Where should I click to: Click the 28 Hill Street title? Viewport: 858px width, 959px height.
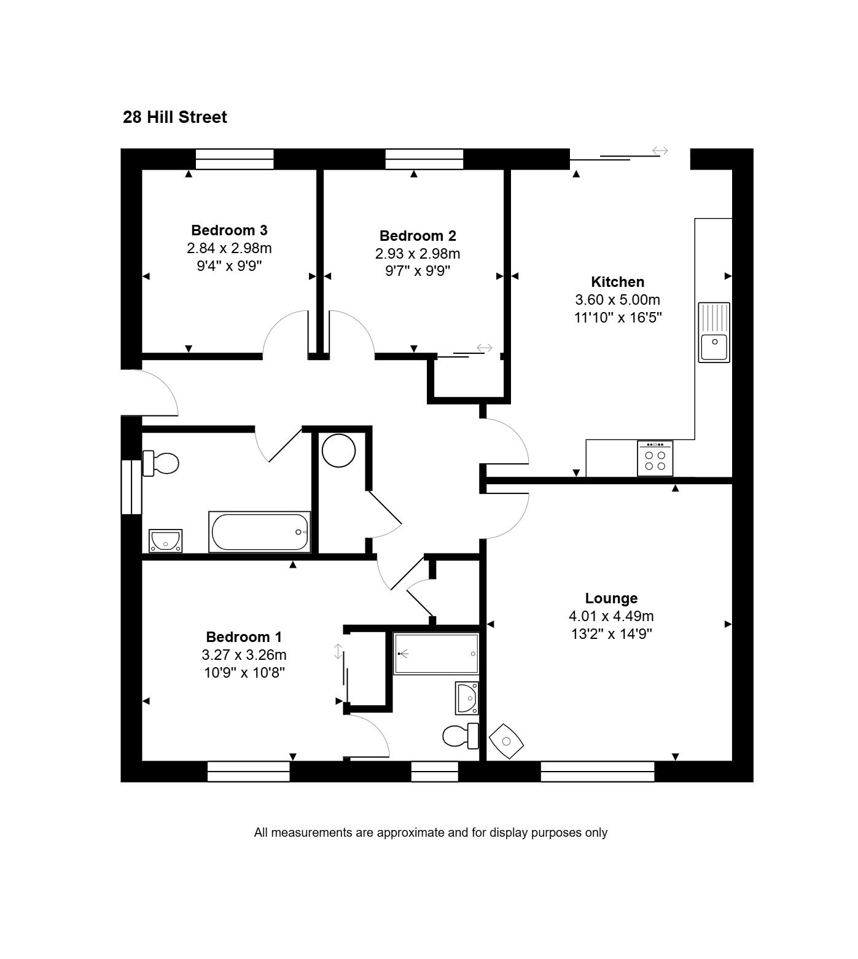175,117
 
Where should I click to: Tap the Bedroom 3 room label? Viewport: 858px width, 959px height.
229,230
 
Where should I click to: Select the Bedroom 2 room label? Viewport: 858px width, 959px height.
418,236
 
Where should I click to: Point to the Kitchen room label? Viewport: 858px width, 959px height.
618,282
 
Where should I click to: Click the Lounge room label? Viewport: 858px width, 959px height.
611,598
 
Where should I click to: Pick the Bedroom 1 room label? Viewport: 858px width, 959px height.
244,637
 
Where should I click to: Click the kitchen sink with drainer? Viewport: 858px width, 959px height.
714,332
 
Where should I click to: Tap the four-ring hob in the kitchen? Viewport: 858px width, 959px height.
655,458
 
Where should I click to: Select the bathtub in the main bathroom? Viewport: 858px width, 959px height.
260,532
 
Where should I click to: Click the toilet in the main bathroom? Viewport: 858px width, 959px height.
161,463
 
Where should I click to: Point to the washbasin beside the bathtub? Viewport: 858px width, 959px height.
165,541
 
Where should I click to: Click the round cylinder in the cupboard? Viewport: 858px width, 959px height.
339,451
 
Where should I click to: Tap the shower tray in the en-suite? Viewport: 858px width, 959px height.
436,654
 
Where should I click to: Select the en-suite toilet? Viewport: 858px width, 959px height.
461,735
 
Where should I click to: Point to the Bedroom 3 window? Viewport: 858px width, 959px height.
235,159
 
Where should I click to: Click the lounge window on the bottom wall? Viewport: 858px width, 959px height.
598,772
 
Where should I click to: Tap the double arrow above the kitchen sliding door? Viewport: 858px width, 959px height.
660,151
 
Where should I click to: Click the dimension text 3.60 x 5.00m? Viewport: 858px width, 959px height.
618,300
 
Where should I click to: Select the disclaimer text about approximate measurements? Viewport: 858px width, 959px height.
431,833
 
